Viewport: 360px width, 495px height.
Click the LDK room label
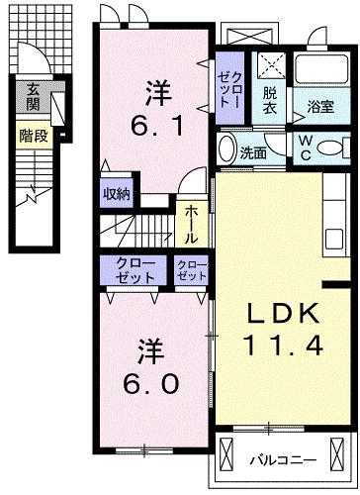(282, 315)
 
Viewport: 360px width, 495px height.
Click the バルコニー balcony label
(282, 460)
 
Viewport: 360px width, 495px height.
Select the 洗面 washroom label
(253, 152)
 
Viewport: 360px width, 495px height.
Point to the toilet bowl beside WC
(335, 148)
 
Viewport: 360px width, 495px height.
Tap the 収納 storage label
(116, 194)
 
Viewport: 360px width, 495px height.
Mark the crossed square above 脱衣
(270, 65)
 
